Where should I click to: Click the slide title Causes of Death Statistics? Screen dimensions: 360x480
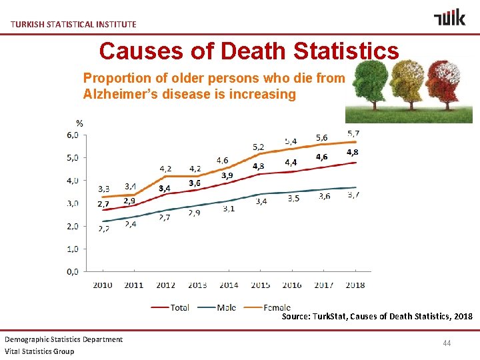point(249,51)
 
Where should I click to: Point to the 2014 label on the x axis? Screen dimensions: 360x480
point(228,285)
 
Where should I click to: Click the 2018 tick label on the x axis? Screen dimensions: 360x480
point(355,285)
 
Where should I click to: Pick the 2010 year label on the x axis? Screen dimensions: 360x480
point(103,285)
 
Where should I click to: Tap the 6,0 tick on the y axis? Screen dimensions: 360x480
point(72,135)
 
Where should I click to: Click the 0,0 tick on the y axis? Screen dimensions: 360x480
point(72,271)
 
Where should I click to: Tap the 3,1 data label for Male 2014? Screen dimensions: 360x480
point(228,209)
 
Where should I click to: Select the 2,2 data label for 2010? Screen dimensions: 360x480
point(105,229)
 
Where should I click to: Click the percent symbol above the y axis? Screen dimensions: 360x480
point(79,123)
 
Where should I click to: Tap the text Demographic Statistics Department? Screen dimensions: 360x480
point(64,339)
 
